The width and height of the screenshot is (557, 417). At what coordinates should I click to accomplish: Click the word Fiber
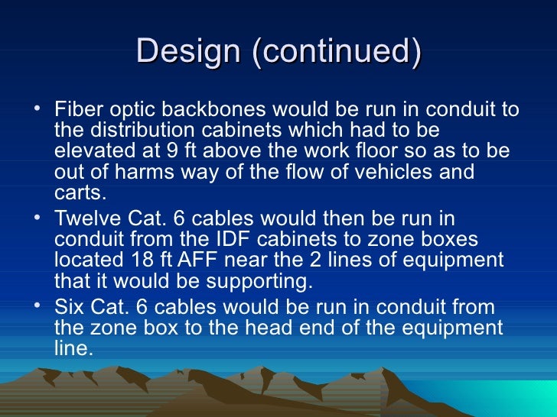coord(77,110)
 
